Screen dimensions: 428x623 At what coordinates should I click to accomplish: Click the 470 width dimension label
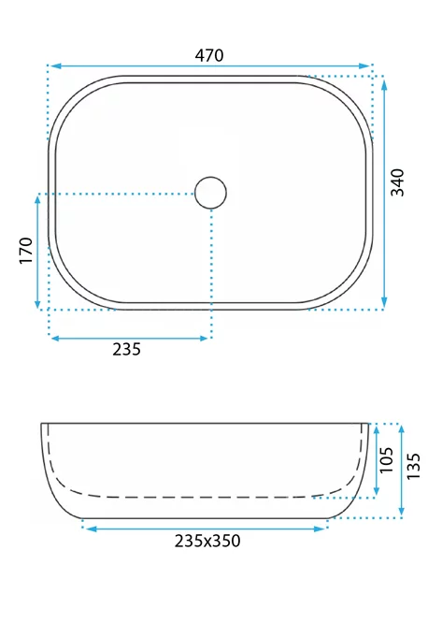click(209, 55)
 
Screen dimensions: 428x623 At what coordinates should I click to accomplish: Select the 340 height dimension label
click(397, 182)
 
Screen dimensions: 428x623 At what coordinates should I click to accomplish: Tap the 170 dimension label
click(26, 251)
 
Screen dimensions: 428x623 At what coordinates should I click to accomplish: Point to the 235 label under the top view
click(127, 349)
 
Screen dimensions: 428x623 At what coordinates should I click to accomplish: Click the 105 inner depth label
click(386, 460)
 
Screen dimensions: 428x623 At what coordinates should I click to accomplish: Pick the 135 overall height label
click(413, 466)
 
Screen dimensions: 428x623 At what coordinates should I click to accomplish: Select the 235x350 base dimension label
click(207, 541)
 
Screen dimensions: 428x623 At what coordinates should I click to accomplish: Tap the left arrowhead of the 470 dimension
click(55, 66)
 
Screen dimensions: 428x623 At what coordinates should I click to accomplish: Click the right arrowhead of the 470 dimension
click(364, 66)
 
